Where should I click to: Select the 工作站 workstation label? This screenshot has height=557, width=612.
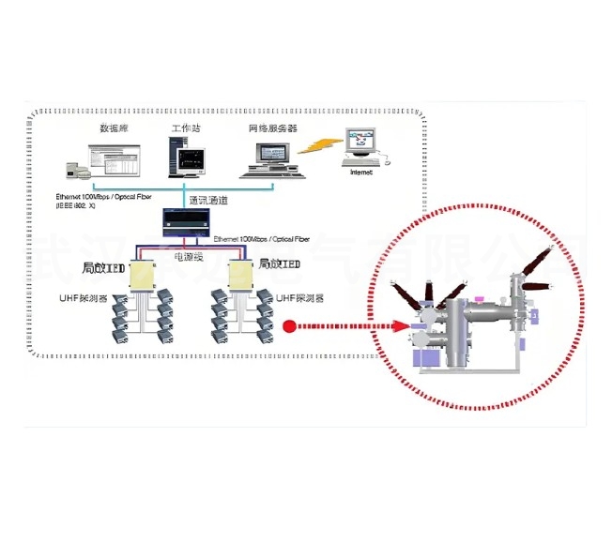click(x=185, y=127)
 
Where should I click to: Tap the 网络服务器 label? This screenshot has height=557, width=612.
click(x=272, y=127)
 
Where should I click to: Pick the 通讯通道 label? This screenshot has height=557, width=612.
click(x=208, y=201)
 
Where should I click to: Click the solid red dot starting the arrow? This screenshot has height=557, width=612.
click(x=290, y=327)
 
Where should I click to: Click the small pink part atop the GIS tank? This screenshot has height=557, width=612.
click(x=479, y=300)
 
